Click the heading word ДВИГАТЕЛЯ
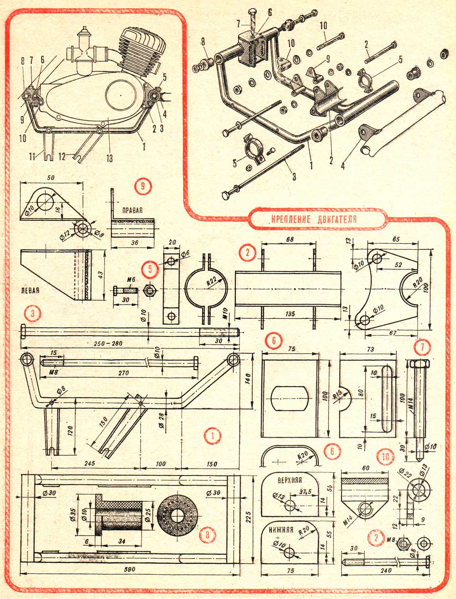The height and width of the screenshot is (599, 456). (x=335, y=219)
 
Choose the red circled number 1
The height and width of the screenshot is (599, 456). (x=212, y=436)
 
